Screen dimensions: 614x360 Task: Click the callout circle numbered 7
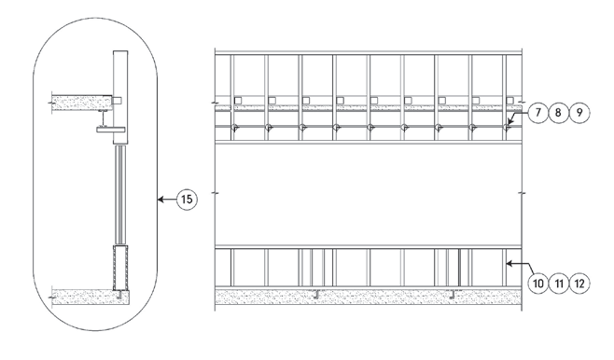coord(538,113)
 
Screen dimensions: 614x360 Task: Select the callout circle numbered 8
coord(558,113)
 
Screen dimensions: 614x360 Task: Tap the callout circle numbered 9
coord(579,113)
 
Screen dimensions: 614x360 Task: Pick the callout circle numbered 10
coord(538,283)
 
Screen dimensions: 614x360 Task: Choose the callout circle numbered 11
coord(559,283)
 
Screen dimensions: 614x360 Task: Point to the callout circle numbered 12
coord(579,283)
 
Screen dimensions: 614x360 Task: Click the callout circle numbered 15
coord(188,200)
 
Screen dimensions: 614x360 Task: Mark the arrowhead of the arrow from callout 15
coord(160,200)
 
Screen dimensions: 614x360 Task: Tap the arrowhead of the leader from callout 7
coord(509,122)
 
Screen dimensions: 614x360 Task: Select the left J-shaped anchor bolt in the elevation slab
coord(316,294)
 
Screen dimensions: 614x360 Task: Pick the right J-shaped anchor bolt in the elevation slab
coord(453,294)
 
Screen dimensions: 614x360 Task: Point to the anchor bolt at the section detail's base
coord(120,297)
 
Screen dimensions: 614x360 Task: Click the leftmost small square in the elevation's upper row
coord(238,101)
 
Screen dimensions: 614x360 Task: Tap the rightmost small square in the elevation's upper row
coord(509,101)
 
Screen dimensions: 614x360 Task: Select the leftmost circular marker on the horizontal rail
coord(234,127)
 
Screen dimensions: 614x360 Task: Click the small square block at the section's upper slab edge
coord(117,100)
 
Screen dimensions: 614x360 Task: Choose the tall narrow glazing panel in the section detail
coord(120,195)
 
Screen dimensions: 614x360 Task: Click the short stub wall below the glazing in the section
coord(120,268)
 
